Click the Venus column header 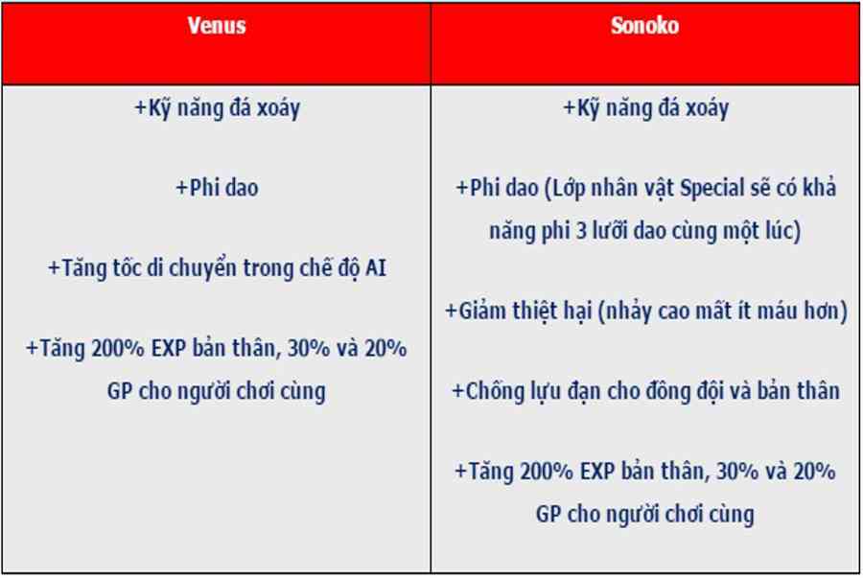pyautogui.click(x=217, y=25)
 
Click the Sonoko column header pyautogui.click(x=644, y=25)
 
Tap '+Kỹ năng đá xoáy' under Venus pyautogui.click(x=218, y=108)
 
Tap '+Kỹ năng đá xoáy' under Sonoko pyautogui.click(x=645, y=108)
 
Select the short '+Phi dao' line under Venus pyautogui.click(x=217, y=188)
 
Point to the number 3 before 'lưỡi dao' pyautogui.click(x=581, y=230)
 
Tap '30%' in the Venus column pyautogui.click(x=307, y=348)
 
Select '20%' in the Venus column pyautogui.click(x=386, y=348)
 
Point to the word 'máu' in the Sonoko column pyautogui.click(x=778, y=311)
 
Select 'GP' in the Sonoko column pyautogui.click(x=548, y=515)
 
